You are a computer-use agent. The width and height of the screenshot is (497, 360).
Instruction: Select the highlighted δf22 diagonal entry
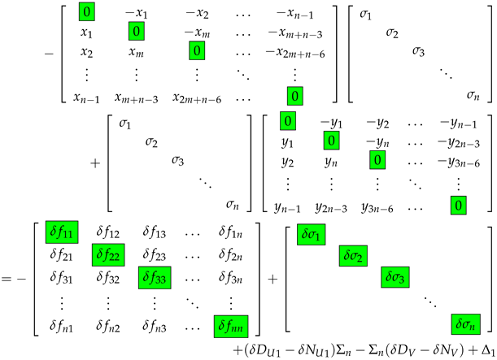[x=111, y=256]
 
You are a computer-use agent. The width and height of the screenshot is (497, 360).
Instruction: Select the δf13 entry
[x=155, y=234]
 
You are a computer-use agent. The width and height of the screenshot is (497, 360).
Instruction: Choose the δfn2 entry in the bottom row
[x=111, y=327]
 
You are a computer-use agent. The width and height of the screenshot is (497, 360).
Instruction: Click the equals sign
[x=9, y=280]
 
